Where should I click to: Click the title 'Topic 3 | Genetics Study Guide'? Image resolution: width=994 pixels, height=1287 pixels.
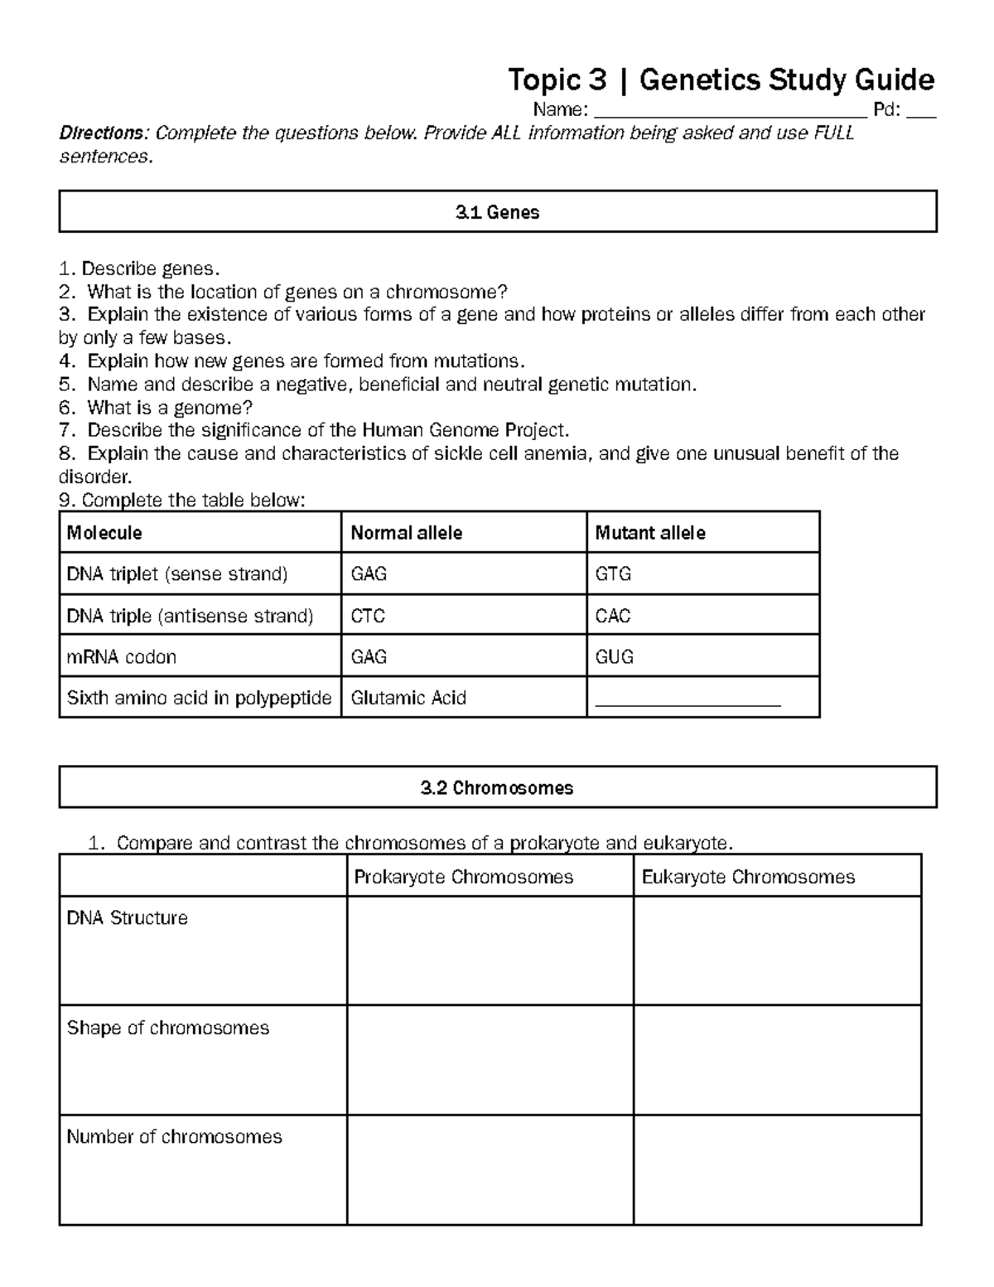721,80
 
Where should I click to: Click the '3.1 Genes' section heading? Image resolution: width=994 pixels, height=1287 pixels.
497,212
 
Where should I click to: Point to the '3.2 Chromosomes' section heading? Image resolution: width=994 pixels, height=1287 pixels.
497,787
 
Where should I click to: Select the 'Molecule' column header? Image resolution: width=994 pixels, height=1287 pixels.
104,533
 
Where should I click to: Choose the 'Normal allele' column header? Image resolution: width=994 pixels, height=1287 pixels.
406,533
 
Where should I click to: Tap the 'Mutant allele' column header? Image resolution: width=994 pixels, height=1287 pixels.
650,533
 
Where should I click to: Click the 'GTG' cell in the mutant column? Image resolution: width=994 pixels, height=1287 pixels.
613,574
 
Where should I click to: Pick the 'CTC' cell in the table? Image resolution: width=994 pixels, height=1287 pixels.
368,616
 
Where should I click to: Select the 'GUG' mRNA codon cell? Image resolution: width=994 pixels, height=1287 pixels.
614,657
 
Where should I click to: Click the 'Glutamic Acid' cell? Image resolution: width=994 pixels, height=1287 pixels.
408,698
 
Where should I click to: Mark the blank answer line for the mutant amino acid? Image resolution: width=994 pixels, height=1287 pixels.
688,701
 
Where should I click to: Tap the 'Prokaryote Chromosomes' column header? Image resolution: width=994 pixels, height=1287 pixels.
463,877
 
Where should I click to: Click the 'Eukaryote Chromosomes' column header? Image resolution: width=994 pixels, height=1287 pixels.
748,877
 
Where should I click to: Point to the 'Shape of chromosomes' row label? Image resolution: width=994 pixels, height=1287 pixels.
168,1028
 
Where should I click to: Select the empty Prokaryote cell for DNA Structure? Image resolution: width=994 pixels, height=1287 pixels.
490,951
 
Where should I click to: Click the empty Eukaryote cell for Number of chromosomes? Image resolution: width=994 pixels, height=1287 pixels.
777,1169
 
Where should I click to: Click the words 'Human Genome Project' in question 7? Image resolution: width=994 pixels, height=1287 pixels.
464,430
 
